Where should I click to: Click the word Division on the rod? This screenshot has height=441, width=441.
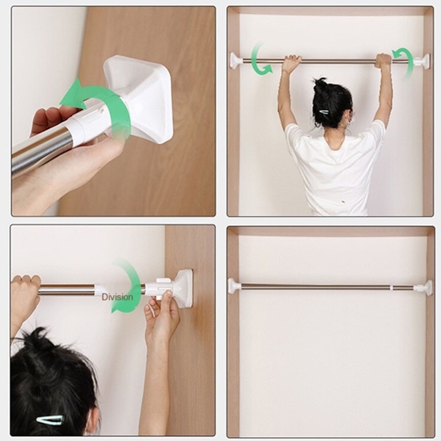(x=117, y=297)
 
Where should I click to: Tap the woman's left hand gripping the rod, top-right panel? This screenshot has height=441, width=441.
(x=291, y=62)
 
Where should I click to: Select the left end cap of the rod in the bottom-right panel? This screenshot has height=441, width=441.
(x=234, y=286)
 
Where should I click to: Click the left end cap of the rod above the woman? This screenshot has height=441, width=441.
(x=236, y=60)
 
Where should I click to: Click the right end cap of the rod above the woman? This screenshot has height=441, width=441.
(x=423, y=61)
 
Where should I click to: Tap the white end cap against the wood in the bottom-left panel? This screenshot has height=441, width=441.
(x=182, y=288)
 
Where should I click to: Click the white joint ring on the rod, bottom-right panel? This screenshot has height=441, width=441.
(x=392, y=287)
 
